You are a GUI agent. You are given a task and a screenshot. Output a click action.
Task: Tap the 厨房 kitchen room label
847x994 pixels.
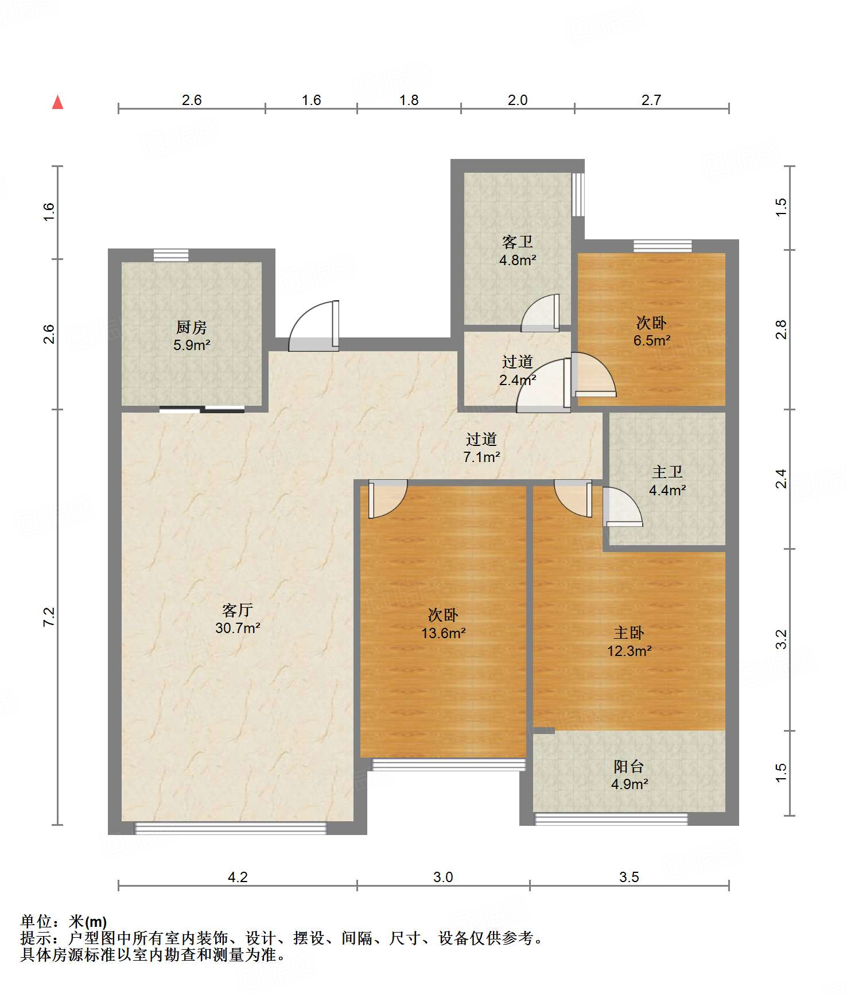pos(192,327)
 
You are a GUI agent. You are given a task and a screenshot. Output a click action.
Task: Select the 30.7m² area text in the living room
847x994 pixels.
pos(238,628)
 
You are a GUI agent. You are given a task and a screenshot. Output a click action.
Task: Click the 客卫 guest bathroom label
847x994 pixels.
pos(517,242)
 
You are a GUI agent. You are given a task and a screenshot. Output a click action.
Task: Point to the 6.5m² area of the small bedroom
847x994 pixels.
pos(652,340)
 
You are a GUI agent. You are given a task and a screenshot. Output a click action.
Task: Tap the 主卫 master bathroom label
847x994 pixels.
pos(667,472)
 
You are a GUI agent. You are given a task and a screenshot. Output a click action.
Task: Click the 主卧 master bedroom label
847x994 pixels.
pos(629,632)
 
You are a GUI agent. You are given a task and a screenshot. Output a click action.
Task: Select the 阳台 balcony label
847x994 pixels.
pos(629,766)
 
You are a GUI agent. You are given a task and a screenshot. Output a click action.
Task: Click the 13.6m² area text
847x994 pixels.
pos(443,633)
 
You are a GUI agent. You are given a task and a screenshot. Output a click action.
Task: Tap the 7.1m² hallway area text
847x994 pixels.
pos(481,457)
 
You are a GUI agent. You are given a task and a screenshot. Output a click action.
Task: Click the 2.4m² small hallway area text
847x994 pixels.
pos(517,379)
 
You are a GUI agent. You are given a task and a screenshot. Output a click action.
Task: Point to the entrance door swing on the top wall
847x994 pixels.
pos(313,325)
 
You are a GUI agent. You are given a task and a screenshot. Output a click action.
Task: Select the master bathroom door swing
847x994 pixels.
pos(623,507)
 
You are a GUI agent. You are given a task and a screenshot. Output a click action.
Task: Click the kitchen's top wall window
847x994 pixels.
pos(171,255)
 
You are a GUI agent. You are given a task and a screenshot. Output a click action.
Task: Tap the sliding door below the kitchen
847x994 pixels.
pos(202,409)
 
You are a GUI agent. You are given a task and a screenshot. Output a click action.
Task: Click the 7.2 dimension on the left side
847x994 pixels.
pos(49,616)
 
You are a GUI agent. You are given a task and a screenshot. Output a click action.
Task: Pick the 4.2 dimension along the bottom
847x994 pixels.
pos(238,877)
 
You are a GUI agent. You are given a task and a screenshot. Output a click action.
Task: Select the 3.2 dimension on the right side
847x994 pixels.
pos(781,639)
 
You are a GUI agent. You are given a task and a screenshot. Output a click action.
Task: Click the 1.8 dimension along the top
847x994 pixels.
pos(409,100)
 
